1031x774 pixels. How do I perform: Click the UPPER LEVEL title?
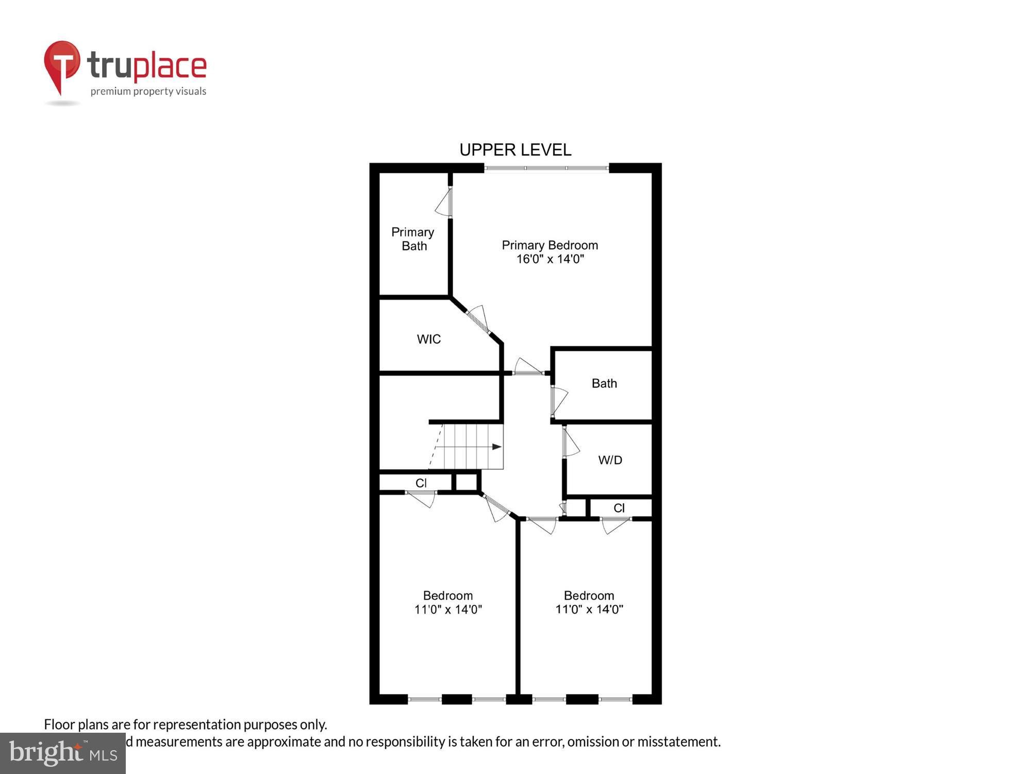(515, 150)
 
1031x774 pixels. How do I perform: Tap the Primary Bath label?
(413, 239)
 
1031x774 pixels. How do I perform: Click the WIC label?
(428, 339)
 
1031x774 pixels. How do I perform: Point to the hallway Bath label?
(604, 383)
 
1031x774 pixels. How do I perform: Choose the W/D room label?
(610, 460)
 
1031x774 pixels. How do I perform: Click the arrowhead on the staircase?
(496, 447)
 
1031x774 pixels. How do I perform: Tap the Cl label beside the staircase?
(421, 483)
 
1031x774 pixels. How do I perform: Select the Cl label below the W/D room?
(619, 508)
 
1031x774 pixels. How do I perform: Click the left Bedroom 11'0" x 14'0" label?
(448, 602)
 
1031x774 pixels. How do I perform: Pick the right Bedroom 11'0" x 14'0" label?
(589, 602)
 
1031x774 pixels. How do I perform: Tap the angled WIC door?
(478, 319)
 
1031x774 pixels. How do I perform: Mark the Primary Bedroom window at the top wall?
(546, 168)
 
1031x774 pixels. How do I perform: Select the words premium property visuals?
(148, 91)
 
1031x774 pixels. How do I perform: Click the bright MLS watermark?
(63, 753)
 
